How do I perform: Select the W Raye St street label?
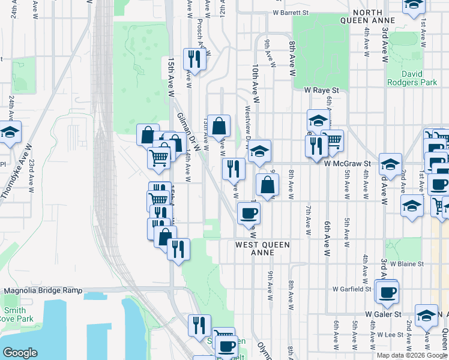321,90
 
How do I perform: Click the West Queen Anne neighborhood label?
262,248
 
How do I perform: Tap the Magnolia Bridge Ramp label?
43,290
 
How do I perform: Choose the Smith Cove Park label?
13,315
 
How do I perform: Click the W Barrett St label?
289,12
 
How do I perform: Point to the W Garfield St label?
352,289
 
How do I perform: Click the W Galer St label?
383,314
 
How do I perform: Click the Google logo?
20,352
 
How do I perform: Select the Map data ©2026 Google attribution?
411,355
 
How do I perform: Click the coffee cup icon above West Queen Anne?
249,212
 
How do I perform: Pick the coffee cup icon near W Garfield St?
388,292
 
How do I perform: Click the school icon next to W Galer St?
426,316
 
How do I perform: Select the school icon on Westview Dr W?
259,151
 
